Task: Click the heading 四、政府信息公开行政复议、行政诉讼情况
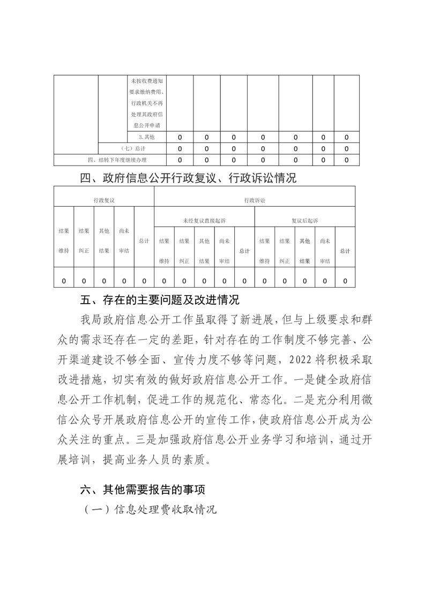point(188,178)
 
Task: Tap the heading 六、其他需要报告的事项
point(142,489)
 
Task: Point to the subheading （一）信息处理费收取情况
point(150,509)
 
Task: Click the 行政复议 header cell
point(103,200)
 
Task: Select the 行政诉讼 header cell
point(254,200)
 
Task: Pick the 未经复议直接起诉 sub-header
point(204,220)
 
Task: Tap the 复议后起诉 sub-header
point(304,220)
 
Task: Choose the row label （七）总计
point(132,148)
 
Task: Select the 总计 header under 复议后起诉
point(345,251)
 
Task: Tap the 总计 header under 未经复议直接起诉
point(244,251)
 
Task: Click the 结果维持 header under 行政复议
point(64,241)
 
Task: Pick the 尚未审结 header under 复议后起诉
point(325,251)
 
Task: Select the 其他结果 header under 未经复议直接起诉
point(204,251)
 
